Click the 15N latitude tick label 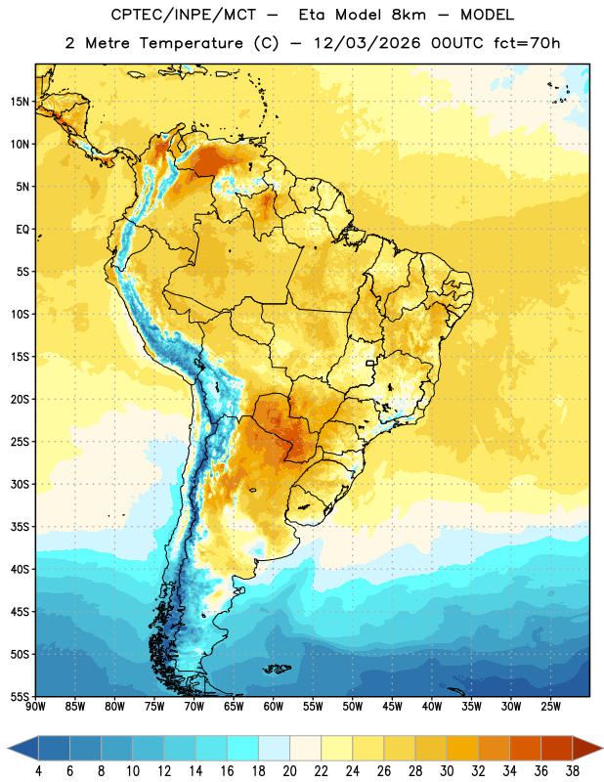20,102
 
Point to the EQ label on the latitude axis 22,230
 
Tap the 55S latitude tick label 20,696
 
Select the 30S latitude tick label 20,484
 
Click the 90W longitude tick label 35,707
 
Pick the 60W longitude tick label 274,707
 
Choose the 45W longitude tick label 392,707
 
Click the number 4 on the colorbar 38,771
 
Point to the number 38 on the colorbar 572,771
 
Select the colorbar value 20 289,771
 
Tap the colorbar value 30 447,771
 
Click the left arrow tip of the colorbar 8,748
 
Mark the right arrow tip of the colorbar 602,748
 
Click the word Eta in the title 312,15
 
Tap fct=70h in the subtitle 527,43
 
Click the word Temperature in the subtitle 191,43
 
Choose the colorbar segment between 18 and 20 275,748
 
